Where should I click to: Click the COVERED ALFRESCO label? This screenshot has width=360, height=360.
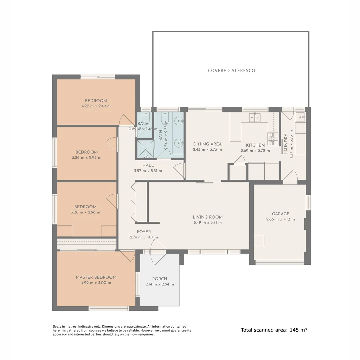(231, 71)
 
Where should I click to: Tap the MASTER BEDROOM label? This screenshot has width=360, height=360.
(96, 277)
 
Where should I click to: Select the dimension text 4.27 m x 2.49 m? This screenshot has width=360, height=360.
(96, 106)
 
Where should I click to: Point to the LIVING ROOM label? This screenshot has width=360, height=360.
(208, 217)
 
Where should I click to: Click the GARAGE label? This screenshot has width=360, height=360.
(280, 214)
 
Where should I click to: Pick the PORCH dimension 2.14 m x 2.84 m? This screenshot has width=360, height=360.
(160, 284)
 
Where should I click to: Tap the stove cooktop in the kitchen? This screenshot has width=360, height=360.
(272, 139)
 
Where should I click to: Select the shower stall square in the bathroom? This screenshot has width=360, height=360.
(146, 149)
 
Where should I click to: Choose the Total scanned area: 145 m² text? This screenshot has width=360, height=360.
(274, 330)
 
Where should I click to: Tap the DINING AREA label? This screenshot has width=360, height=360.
(207, 144)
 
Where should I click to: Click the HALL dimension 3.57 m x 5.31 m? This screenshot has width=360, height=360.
(148, 171)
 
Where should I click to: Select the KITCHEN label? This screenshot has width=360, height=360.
(255, 145)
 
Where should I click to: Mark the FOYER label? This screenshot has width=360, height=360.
(144, 232)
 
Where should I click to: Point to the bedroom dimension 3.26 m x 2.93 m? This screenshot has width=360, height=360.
(86, 158)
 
